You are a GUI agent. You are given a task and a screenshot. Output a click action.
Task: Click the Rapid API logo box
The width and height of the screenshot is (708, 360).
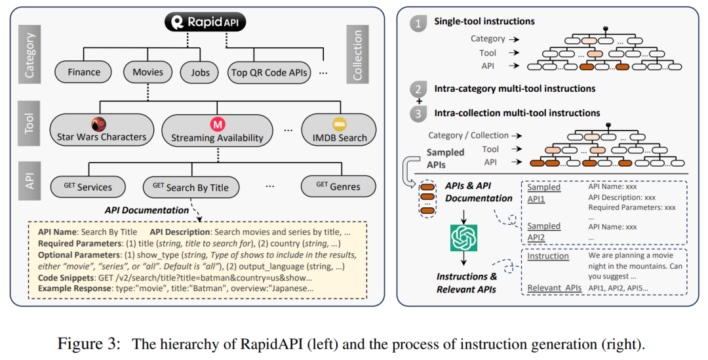pos(205,23)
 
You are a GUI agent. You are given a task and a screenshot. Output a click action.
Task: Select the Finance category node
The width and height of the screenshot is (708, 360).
pos(84,72)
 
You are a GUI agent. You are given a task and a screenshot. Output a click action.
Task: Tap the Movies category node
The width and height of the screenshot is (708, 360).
pos(147,72)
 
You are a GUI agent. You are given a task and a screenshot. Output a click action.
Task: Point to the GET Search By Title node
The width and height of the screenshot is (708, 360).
pos(190,187)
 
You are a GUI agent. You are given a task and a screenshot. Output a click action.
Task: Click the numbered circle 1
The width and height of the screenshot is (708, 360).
pos(417,24)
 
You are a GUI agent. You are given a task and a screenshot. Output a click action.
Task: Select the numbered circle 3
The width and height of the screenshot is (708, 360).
pos(417,114)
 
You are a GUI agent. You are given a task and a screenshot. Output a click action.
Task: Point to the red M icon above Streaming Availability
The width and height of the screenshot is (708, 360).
pos(217,123)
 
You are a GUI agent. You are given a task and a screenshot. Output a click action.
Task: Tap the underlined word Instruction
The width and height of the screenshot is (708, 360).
pos(548,256)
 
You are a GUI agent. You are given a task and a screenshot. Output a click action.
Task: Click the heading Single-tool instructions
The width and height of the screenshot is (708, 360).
pos(484,22)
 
